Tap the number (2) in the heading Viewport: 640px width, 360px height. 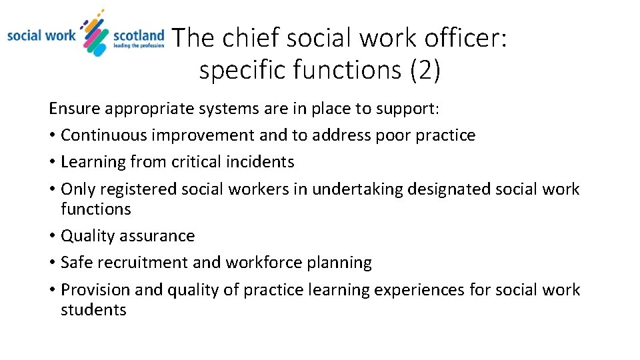[425, 69]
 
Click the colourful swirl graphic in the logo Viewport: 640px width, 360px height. [95, 33]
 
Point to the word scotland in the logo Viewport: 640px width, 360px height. [138, 35]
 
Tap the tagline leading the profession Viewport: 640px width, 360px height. [139, 46]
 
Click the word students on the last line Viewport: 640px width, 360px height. [93, 310]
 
